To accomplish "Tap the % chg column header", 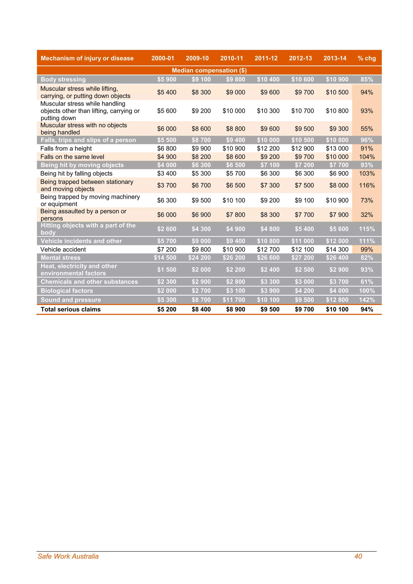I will click(366, 58).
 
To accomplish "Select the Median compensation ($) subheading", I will click(209, 70).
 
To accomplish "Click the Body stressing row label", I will click(63, 79).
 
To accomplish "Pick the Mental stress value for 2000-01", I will click(165, 258).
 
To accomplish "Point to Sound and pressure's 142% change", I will click(366, 300).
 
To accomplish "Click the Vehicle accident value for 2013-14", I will click(337, 249).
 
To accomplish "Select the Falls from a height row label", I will click(66, 149).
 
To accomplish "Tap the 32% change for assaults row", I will click(366, 215).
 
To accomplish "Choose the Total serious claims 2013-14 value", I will click(337, 309).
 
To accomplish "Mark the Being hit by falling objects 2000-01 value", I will click(167, 173).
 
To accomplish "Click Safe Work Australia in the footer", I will click(68, 556).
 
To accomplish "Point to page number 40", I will click(358, 556).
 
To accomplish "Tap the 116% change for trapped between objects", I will click(366, 186).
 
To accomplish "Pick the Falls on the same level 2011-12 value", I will click(270, 157).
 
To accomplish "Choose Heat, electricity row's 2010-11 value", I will click(236, 270).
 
